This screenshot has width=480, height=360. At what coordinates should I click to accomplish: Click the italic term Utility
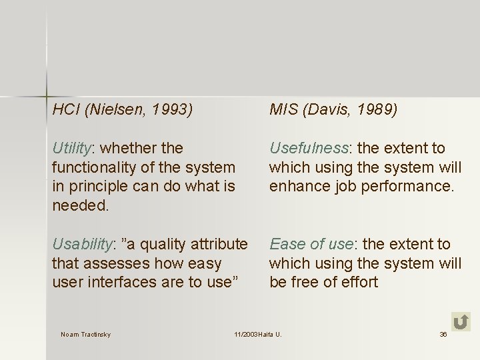click(73, 148)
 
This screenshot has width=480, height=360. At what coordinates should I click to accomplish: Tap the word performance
click(409, 186)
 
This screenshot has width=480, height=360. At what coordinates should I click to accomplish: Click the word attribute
click(218, 245)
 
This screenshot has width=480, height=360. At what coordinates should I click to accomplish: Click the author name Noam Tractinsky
click(85, 334)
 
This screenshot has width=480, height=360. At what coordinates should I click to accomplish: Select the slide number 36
click(443, 334)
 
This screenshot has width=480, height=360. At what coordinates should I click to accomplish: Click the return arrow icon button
click(460, 321)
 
